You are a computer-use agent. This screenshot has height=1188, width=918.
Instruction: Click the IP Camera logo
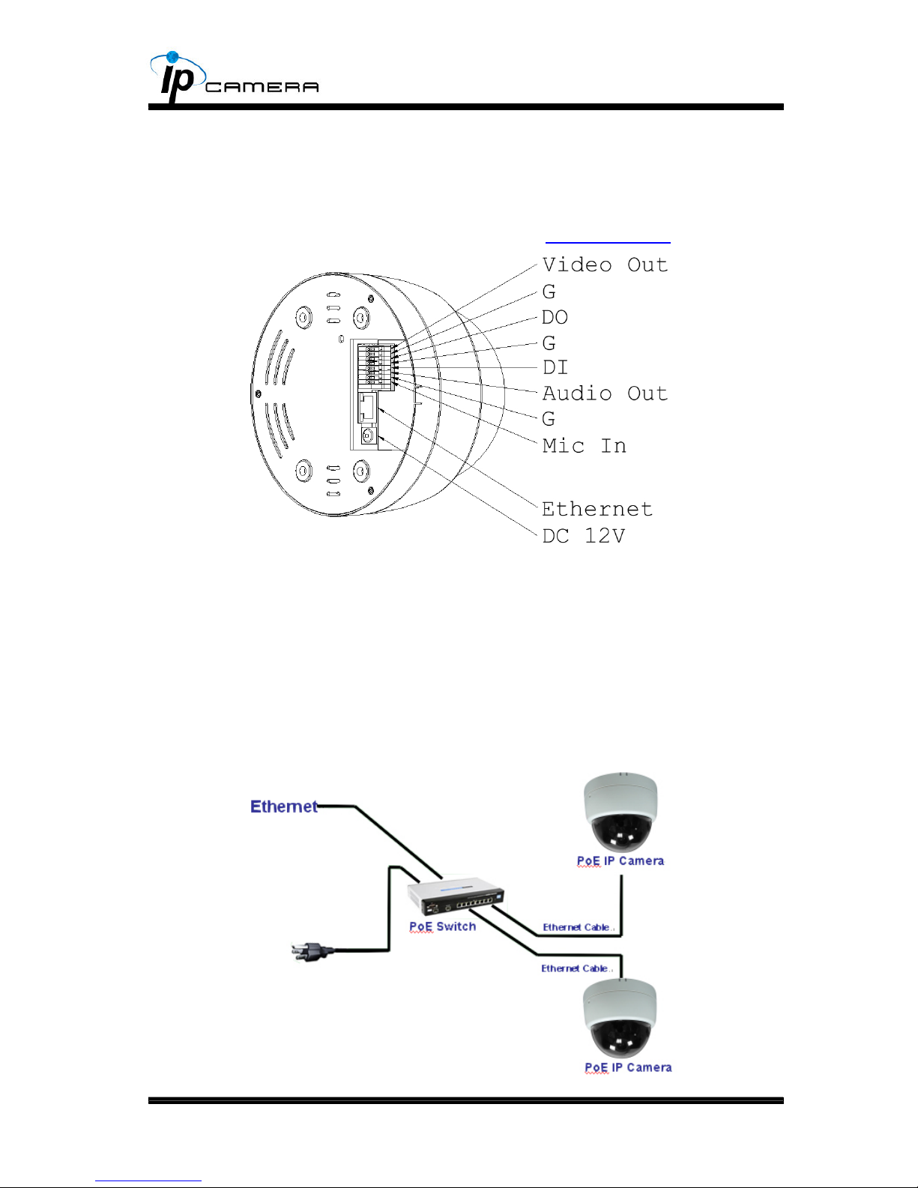coord(234,77)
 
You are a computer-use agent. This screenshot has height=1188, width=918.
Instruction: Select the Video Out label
coord(605,265)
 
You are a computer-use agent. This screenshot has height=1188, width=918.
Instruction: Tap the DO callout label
coord(555,317)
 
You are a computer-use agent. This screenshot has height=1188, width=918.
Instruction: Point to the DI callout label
coord(555,367)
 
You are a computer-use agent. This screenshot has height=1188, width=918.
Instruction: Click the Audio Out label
coord(605,394)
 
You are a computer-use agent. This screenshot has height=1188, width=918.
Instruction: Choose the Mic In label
coord(584,445)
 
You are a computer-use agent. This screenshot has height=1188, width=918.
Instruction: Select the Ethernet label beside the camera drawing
coord(597,509)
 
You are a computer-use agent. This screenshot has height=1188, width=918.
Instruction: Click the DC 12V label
coord(584,536)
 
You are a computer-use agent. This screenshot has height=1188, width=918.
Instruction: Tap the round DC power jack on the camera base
coord(368,435)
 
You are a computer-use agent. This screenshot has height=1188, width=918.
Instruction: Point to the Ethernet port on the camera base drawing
coord(367,407)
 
